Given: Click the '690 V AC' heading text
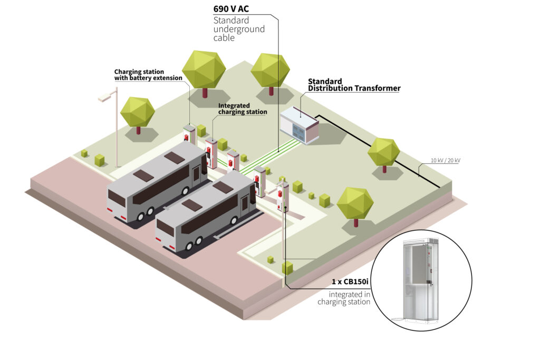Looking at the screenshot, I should pyautogui.click(x=231, y=9).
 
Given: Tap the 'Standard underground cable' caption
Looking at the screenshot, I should pyautogui.click(x=238, y=29).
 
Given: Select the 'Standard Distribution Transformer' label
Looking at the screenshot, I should pyautogui.click(x=353, y=85).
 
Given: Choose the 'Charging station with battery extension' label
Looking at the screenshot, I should pyautogui.click(x=148, y=75).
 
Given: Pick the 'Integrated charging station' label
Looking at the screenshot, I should pyautogui.click(x=243, y=109).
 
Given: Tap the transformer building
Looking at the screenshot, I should pyautogui.click(x=300, y=125).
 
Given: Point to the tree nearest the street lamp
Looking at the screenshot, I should pyautogui.click(x=138, y=112).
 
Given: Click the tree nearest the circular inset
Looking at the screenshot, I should pyautogui.click(x=355, y=203).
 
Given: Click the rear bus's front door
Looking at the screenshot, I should pyautogui.click(x=204, y=171).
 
